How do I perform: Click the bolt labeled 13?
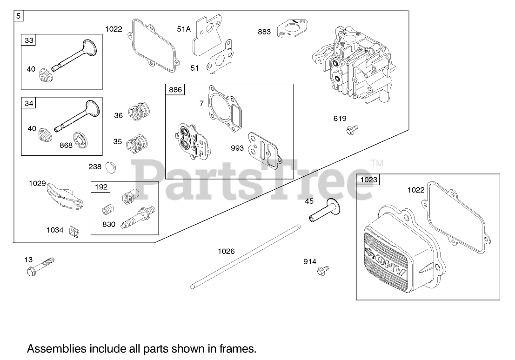pyautogui.click(x=40, y=266)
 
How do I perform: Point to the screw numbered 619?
pyautogui.click(x=352, y=129)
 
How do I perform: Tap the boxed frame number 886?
pyautogui.click(x=176, y=89)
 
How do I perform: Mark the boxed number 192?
pyautogui.click(x=101, y=187)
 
